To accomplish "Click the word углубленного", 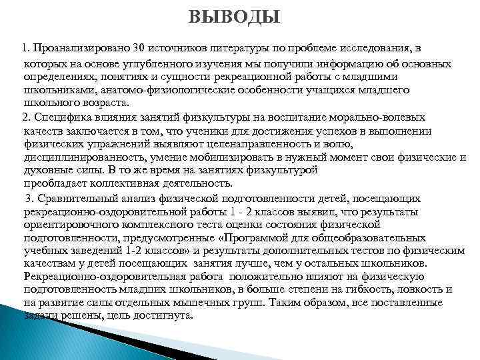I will [149, 63].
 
